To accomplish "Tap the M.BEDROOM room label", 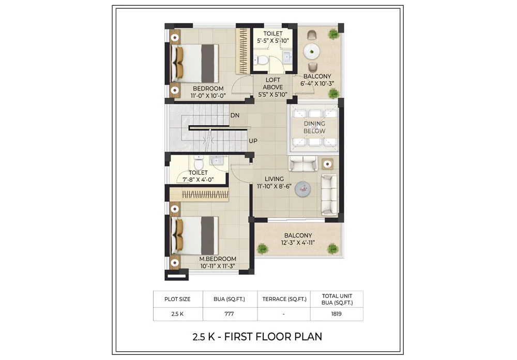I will pos(218,262).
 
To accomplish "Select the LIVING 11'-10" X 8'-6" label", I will pos(274,183).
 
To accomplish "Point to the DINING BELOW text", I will pos(314,127).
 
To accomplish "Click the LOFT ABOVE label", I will pos(272,87).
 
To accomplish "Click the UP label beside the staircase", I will pos(253,141).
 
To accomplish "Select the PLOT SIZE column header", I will pos(177,299).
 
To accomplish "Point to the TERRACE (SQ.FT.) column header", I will pos(284,299).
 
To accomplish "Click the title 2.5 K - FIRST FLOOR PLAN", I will pos(257,337).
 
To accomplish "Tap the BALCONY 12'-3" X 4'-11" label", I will pos(298,239).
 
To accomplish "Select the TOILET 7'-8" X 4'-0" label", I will pos(198,176).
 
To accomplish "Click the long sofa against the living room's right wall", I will pos(329,194).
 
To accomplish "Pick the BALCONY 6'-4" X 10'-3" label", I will pos(317,79).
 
